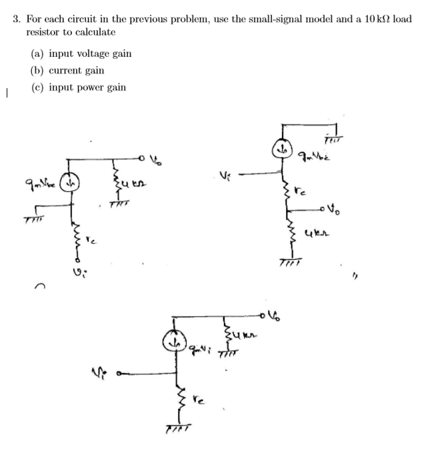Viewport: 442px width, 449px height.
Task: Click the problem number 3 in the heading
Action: tap(17, 19)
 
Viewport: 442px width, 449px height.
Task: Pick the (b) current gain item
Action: tap(67, 71)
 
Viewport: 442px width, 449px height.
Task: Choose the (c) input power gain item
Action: tap(78, 88)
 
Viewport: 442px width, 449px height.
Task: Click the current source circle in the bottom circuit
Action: tap(175, 345)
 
